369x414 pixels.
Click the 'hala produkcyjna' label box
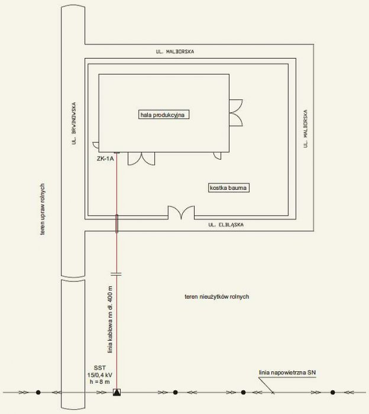coord(164,115)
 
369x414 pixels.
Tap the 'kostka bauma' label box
coord(229,187)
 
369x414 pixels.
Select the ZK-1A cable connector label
coord(105,159)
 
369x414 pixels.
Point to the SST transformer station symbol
coord(116,392)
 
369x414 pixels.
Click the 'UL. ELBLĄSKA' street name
coord(226,225)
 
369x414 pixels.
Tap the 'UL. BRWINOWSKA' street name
coord(74,123)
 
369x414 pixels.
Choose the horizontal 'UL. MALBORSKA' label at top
coord(174,51)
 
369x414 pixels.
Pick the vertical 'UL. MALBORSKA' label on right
coord(305,128)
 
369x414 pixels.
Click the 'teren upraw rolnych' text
coord(42,209)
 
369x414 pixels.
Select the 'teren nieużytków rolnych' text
coord(216,296)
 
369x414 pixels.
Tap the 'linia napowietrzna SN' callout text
coord(287,373)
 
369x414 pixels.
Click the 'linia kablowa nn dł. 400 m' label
coord(110,319)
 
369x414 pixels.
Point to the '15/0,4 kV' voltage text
coord(100,375)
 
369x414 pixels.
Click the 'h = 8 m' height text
coord(100,382)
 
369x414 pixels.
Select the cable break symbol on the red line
coord(116,274)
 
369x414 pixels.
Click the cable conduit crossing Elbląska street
coord(116,224)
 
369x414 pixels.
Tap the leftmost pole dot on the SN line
coord(38,392)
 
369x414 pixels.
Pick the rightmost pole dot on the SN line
coord(332,392)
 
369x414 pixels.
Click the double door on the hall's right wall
coord(236,113)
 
